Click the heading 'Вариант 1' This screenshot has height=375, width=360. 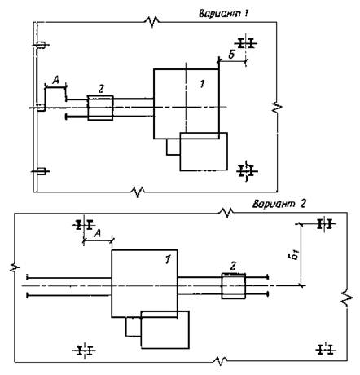[224, 13]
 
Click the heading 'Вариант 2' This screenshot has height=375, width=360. [279, 204]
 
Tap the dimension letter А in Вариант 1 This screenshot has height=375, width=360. [55, 80]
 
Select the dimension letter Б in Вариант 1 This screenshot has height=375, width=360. [231, 55]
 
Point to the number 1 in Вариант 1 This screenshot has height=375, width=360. [202, 84]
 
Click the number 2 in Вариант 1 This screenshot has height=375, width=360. [101, 89]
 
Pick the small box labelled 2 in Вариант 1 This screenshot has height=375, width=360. [100, 108]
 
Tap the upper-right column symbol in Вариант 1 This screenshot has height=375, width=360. [246, 43]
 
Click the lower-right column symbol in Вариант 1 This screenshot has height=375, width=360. [246, 171]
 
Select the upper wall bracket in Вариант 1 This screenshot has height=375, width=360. [41, 45]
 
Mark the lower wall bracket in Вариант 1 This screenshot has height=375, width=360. [41, 171]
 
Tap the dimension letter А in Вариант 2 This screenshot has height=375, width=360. [98, 233]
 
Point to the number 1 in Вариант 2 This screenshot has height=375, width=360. [168, 260]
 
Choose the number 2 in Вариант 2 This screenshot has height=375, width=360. [233, 267]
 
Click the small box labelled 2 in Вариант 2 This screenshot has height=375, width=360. [234, 286]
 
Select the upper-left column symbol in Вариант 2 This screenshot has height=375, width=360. [84, 225]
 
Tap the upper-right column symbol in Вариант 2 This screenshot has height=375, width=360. [325, 224]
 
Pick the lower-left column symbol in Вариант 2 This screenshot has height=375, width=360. [84, 350]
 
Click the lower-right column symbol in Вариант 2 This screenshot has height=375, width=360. [326, 349]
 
